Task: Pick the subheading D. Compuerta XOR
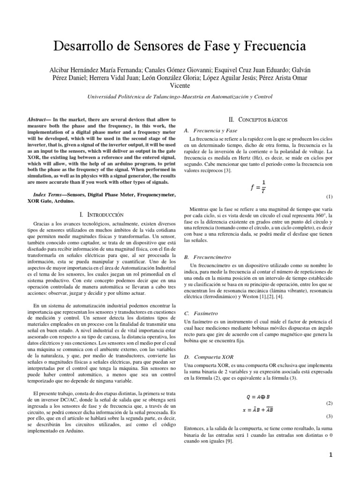[x=209, y=357]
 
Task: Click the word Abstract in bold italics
[x=40, y=120]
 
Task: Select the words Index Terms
[x=50, y=194]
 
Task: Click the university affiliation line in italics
[x=180, y=97]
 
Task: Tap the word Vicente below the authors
[x=180, y=86]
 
